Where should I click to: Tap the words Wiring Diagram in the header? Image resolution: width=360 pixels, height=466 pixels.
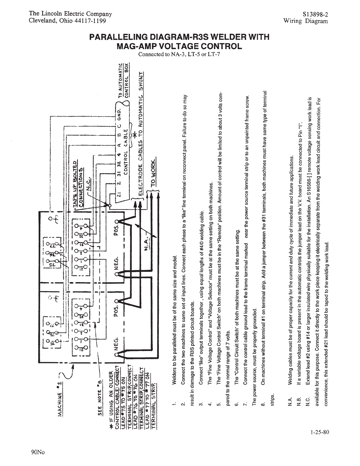pos(305,21)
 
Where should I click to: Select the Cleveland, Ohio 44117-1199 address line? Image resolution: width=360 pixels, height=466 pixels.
pos(67,21)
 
